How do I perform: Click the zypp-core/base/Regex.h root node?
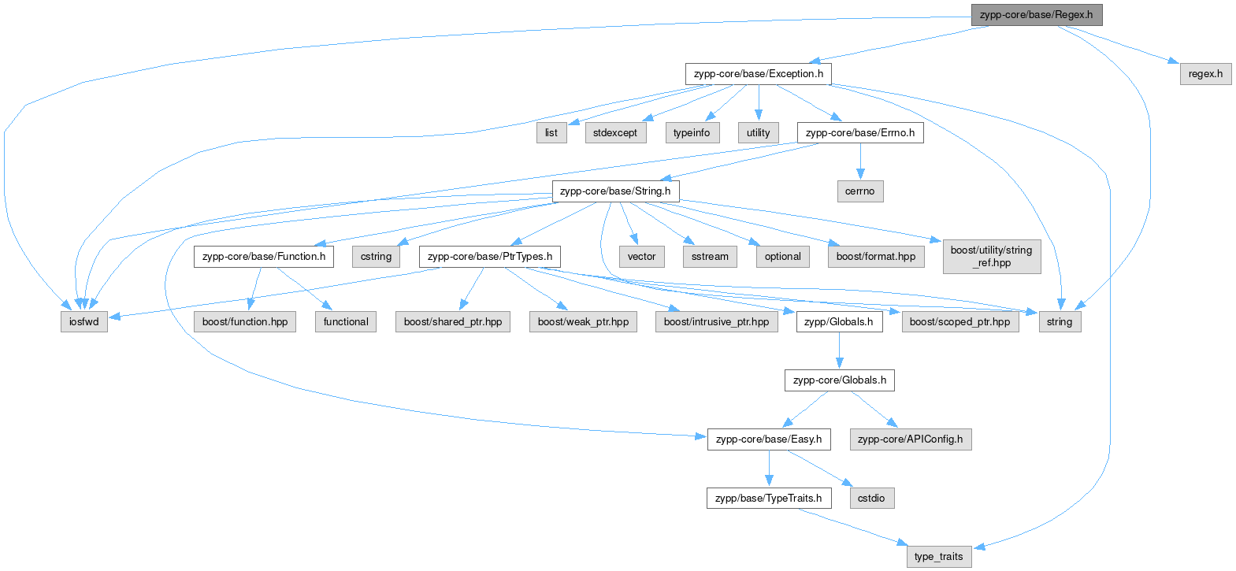click(x=1037, y=15)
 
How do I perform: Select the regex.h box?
click(x=1205, y=74)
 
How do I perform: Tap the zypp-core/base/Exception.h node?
click(x=758, y=74)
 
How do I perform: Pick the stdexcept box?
click(x=615, y=133)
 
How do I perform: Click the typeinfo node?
click(x=692, y=133)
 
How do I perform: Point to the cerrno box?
click(x=859, y=191)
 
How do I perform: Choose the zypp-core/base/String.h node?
click(x=615, y=191)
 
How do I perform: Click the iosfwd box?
click(x=84, y=321)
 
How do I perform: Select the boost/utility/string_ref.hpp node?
click(x=992, y=257)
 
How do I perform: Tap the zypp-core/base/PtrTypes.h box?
click(x=490, y=257)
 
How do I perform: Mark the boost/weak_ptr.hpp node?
click(x=583, y=321)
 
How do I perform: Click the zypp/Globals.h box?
click(x=839, y=321)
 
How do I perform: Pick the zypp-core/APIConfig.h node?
click(x=911, y=439)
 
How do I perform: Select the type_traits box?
click(x=938, y=557)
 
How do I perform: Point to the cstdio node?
click(x=872, y=499)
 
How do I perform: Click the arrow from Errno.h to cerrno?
click(x=860, y=161)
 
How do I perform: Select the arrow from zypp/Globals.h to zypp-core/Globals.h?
click(x=839, y=351)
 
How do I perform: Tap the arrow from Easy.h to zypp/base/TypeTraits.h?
click(x=769, y=469)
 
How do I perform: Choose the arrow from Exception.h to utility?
click(x=759, y=103)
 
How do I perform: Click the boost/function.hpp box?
click(x=245, y=321)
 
